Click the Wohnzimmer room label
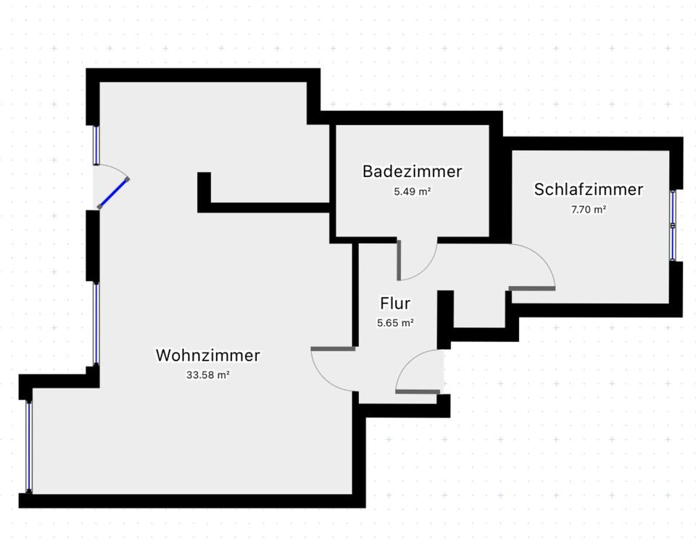point(207,356)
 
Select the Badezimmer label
point(412,172)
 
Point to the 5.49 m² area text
point(412,192)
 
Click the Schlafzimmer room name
point(588,190)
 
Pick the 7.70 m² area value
point(588,210)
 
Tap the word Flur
point(395,303)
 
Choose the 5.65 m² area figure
point(395,324)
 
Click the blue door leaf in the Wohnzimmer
point(113,193)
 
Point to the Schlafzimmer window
point(673,225)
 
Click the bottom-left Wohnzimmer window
point(29,446)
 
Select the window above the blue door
point(96,145)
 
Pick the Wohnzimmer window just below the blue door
point(96,323)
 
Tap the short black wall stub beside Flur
point(445,312)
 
